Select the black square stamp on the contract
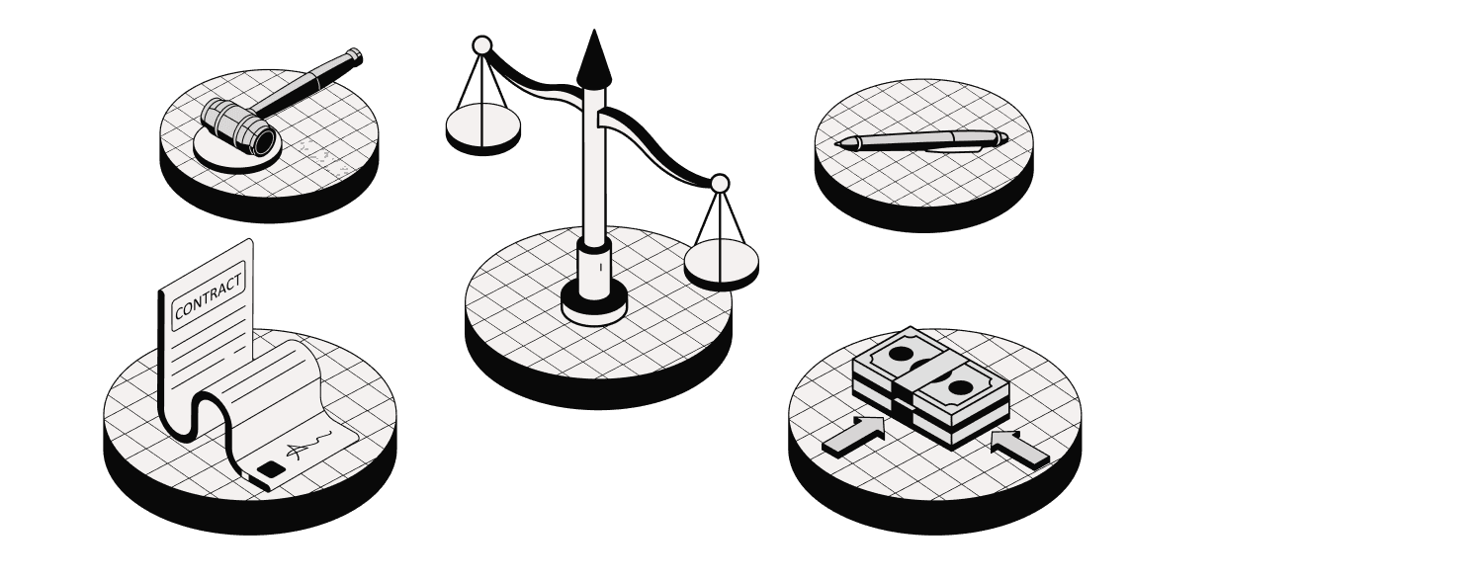click(270, 469)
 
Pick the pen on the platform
click(921, 141)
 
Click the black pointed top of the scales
click(594, 58)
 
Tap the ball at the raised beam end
click(482, 45)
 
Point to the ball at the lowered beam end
click(720, 183)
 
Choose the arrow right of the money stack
click(1019, 449)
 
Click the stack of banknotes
click(930, 387)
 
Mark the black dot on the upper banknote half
click(901, 355)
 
